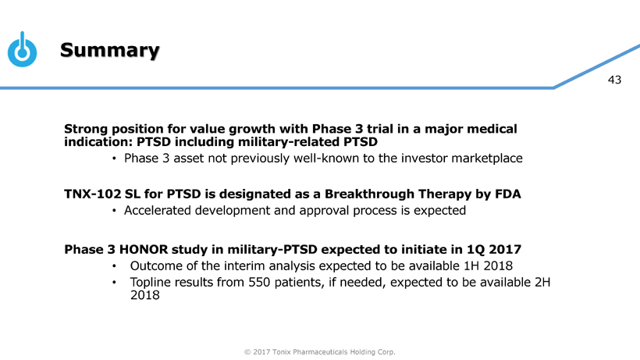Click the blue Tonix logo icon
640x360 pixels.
[x=23, y=49]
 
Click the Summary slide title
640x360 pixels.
[x=110, y=50]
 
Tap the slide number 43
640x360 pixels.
[x=614, y=80]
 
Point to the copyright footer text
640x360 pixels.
[x=319, y=352]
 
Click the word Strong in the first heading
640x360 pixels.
[x=86, y=129]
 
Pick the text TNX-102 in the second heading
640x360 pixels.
[x=92, y=194]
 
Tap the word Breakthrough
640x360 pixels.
[x=369, y=194]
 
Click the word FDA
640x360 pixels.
[x=508, y=194]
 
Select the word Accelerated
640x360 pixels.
[x=157, y=211]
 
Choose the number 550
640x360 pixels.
[x=259, y=283]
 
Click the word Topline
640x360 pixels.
[x=151, y=283]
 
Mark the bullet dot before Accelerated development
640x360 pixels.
[x=114, y=211]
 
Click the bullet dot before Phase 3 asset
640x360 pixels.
[x=114, y=159]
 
